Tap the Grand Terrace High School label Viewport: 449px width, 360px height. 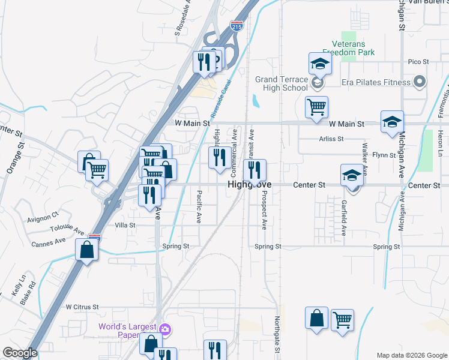pos(282,83)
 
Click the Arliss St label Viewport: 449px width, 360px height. pos(331,139)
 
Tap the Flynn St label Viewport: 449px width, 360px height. pos(383,155)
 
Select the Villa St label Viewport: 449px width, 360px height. pos(125,225)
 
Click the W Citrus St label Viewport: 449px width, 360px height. pos(82,307)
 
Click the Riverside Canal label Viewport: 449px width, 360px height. pos(220,101)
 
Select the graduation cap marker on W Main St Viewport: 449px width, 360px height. pos(392,122)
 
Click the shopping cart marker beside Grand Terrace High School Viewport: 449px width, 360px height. pos(316,107)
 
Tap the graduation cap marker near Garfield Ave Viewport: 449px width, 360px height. pos(352,175)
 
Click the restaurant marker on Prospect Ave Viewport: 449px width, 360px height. pos(255,170)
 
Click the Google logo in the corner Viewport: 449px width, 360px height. pos(20,353)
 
